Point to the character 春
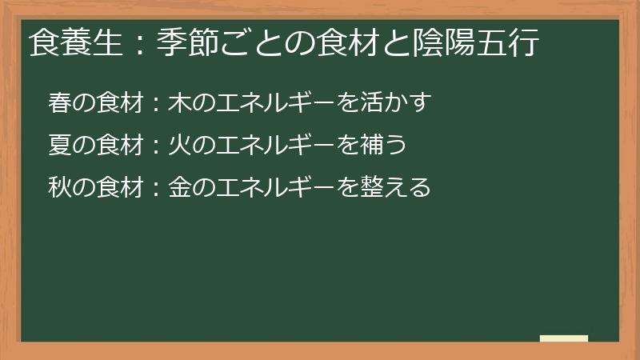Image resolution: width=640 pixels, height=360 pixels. coord(59,102)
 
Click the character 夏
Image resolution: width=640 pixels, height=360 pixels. coord(59,145)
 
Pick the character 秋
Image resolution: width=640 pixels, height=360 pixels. coord(59,187)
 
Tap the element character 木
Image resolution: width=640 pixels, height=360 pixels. coord(178,102)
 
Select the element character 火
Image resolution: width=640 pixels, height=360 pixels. coord(178,145)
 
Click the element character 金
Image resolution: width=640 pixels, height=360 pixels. coord(178,187)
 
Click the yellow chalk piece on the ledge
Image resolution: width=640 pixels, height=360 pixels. coord(564,338)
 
